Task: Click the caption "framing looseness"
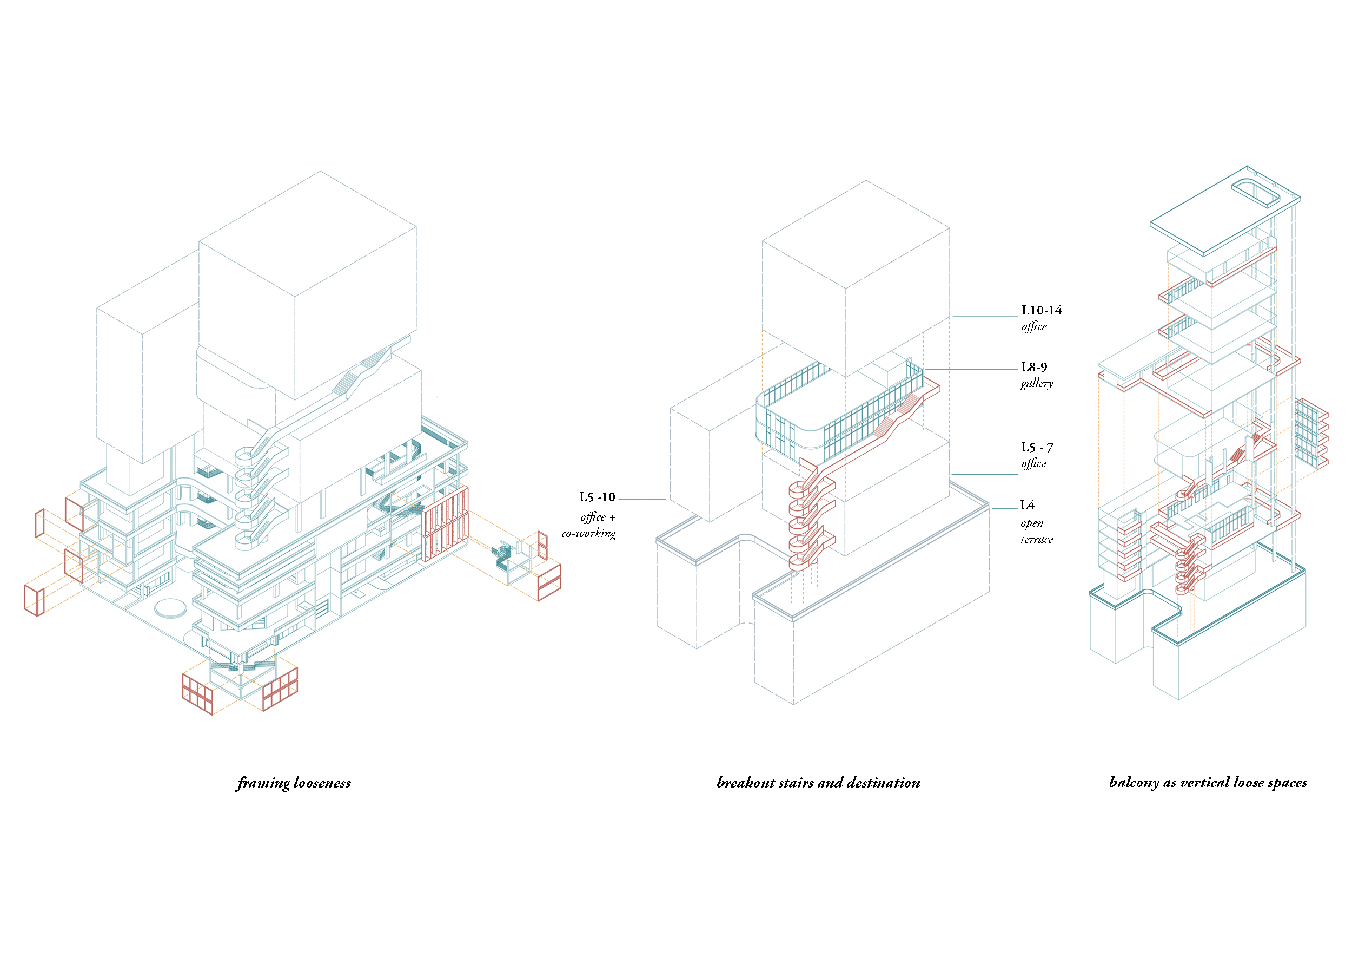pyautogui.click(x=294, y=783)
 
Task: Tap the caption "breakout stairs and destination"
pyautogui.click(x=818, y=783)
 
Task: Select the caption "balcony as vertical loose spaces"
pyautogui.click(x=1208, y=783)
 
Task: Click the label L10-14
pyautogui.click(x=1041, y=310)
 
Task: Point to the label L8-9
pyautogui.click(x=1034, y=367)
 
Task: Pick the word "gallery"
pyautogui.click(x=1037, y=384)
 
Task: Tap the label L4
pyautogui.click(x=1028, y=505)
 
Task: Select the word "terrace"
pyautogui.click(x=1037, y=539)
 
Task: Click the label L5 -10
pyautogui.click(x=597, y=497)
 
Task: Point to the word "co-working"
pyautogui.click(x=589, y=534)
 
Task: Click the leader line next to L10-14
pyautogui.click(x=985, y=317)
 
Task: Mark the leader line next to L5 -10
pyautogui.click(x=642, y=500)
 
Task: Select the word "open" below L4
pyautogui.click(x=1032, y=524)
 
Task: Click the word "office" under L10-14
pyautogui.click(x=1034, y=326)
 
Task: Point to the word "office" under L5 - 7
pyautogui.click(x=1034, y=464)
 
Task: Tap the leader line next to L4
pyautogui.click(x=1005, y=509)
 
